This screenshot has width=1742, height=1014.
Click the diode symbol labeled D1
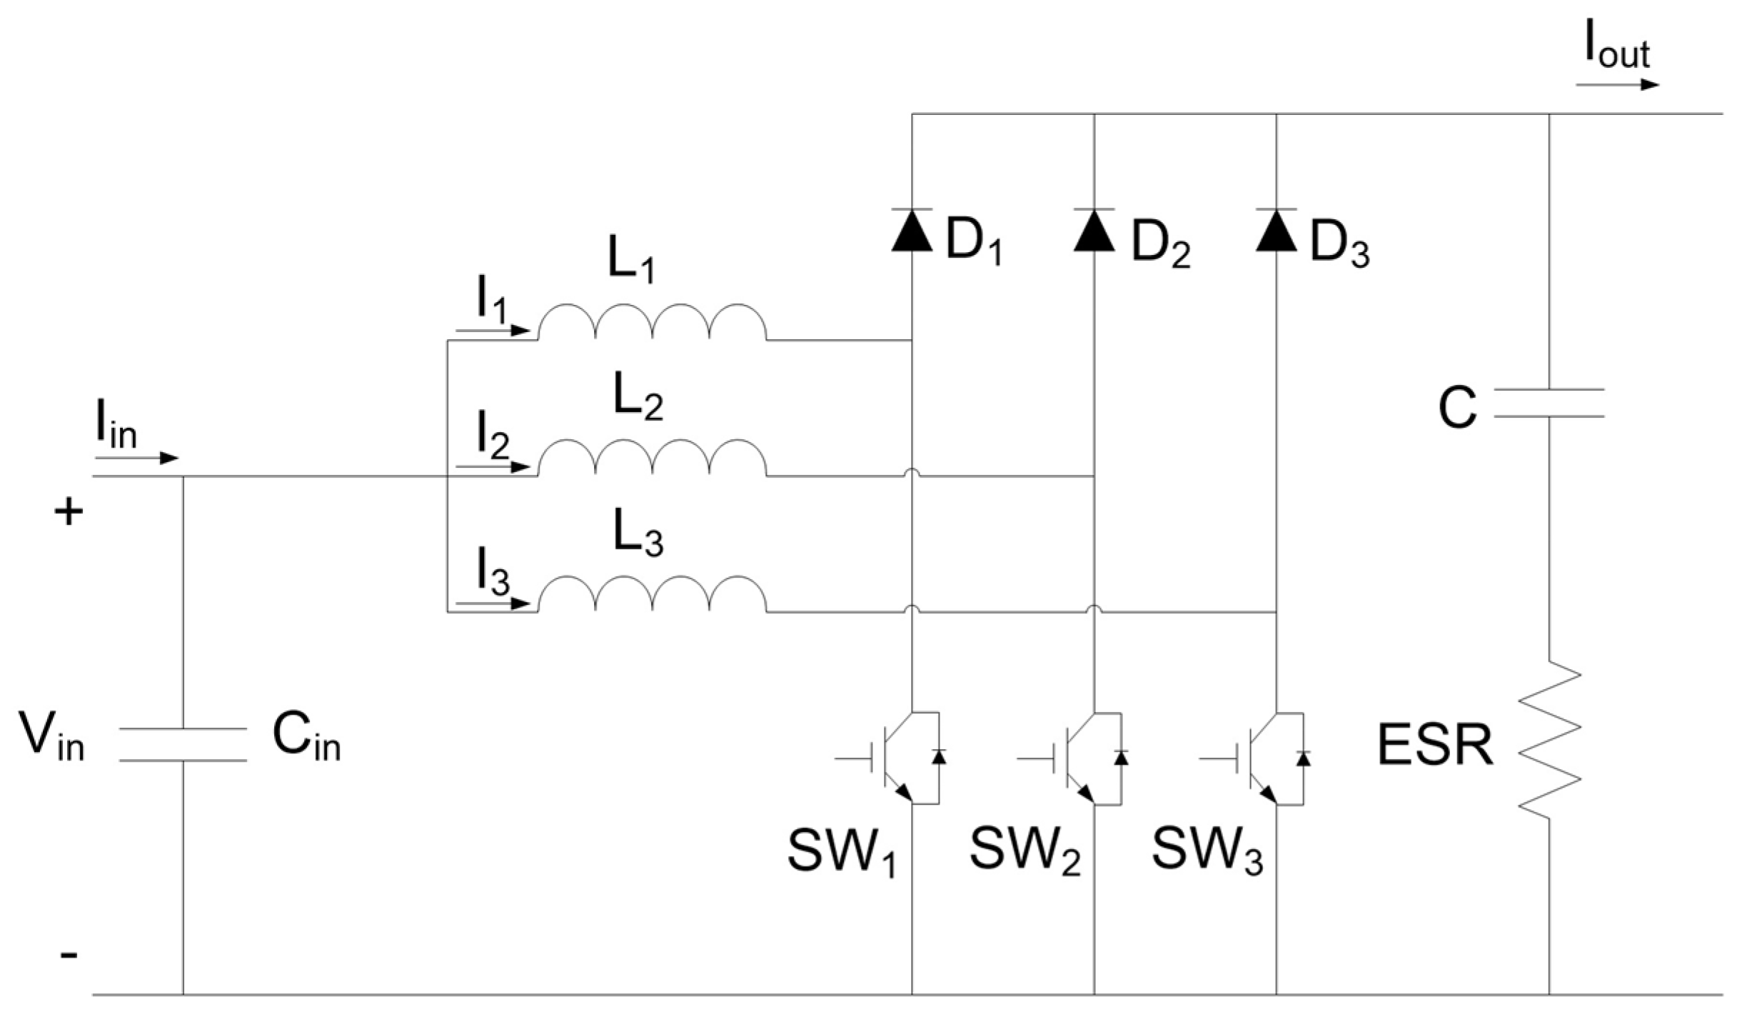[x=912, y=231]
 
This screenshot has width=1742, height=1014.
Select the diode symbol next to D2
[x=1094, y=231]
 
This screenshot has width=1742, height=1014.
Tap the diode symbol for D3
[x=1276, y=231]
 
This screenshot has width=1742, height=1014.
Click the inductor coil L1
[x=653, y=323]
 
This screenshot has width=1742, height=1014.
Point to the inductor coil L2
[x=653, y=458]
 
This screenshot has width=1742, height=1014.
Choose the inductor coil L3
[x=653, y=594]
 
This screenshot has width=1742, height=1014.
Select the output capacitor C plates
[x=1549, y=403]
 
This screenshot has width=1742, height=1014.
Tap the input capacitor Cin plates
[x=183, y=744]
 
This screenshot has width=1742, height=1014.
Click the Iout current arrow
[x=1618, y=85]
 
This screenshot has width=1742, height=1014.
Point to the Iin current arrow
[x=136, y=458]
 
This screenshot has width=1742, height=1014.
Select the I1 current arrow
[x=493, y=331]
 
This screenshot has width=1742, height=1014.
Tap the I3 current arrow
[x=493, y=603]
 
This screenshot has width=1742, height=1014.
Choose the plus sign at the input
[x=69, y=512]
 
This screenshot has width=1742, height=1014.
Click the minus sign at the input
[x=69, y=955]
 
